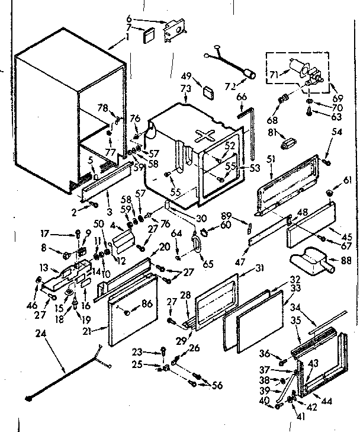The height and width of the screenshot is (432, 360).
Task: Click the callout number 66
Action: (x=242, y=98)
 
